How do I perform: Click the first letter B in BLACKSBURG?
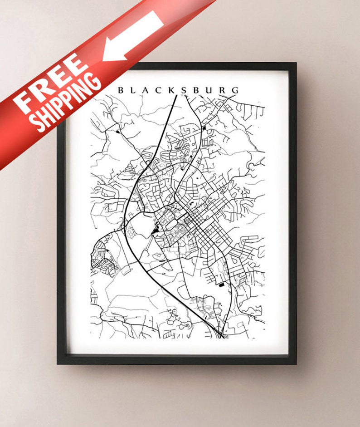pyautogui.click(x=121, y=90)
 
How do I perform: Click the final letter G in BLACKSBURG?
pyautogui.click(x=235, y=90)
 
